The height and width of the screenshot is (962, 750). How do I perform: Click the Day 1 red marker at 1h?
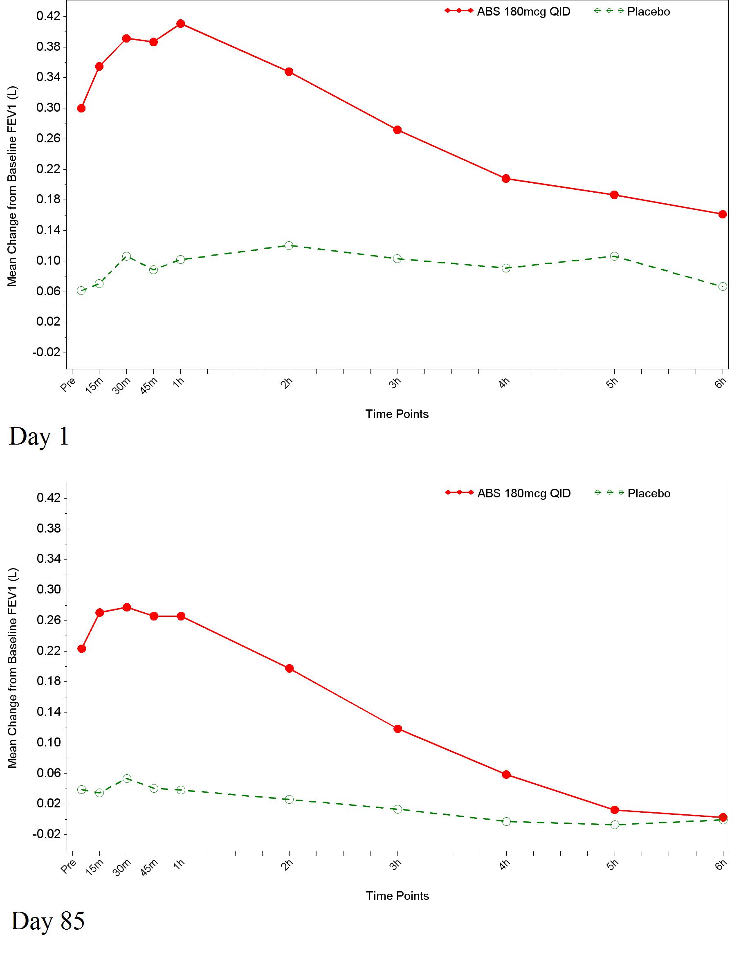point(181,23)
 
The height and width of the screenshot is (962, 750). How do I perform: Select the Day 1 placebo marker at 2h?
point(289,245)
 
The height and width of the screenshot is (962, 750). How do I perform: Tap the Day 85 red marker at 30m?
point(127,607)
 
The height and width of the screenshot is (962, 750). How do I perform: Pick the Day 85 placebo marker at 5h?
point(615,825)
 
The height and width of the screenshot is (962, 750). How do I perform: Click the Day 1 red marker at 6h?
point(723,214)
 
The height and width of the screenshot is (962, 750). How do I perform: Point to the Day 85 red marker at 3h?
point(397,729)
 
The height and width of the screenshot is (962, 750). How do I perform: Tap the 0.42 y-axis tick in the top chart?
point(48,16)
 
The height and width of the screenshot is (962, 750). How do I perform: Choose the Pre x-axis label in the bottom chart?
point(69,867)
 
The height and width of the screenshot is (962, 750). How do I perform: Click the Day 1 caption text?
point(39,436)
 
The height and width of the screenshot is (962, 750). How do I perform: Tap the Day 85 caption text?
point(47,921)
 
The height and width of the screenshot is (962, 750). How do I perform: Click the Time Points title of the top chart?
point(397,414)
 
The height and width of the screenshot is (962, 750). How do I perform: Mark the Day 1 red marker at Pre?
point(81,108)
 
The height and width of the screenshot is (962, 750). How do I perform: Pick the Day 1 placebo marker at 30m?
point(126,256)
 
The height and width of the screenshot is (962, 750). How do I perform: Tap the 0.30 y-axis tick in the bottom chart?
point(48,589)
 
